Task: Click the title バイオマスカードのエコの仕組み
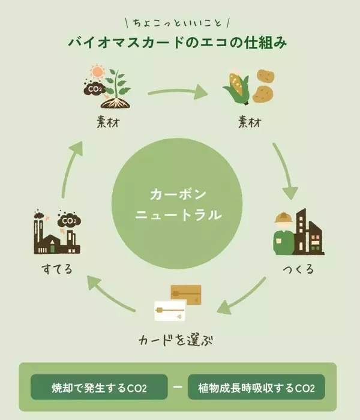pos(179,44)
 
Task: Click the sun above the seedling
pos(95,73)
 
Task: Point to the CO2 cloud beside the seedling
pos(94,91)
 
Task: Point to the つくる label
pos(298,268)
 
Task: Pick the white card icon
pos(170,311)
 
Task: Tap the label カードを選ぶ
pos(176,340)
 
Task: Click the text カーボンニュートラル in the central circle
pos(178,204)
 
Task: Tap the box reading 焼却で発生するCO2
pos(100,388)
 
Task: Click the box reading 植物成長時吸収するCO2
pos(256,388)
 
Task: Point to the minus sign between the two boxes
pos(178,388)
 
